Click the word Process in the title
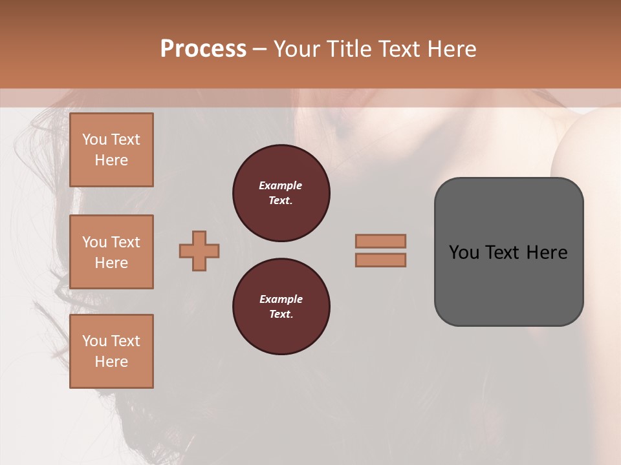click(203, 49)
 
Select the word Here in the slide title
click(452, 49)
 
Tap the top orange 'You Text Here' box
click(111, 150)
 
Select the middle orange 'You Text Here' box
click(111, 252)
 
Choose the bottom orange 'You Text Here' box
click(111, 351)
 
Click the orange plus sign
click(199, 251)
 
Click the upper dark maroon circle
click(281, 193)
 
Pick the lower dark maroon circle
click(281, 307)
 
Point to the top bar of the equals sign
click(380, 241)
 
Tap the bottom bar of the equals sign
click(380, 260)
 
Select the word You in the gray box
click(464, 253)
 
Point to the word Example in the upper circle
click(281, 185)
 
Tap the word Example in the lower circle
click(281, 299)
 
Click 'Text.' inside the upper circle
click(281, 201)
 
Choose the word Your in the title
click(298, 49)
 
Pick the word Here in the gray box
click(547, 253)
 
